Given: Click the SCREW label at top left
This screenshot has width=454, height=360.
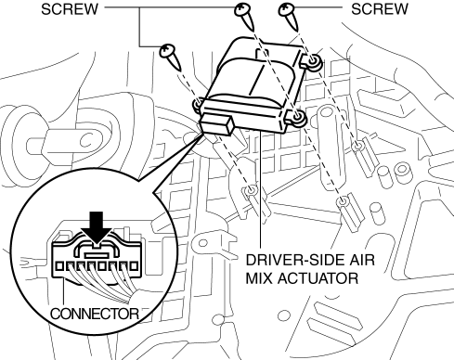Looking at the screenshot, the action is click(70, 9).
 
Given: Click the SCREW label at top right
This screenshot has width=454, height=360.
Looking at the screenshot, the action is click(380, 9).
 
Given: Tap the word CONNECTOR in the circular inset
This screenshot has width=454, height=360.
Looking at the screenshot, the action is click(95, 314).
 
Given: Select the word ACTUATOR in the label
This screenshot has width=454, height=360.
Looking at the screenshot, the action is click(318, 278).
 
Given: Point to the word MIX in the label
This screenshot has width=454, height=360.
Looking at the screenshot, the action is click(259, 278).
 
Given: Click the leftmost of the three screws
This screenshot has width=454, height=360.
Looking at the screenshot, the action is click(171, 57).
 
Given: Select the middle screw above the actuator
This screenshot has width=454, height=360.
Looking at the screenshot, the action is click(245, 16).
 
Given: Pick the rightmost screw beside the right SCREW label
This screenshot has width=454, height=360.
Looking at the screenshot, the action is click(289, 16).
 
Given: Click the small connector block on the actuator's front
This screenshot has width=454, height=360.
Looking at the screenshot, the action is click(217, 123).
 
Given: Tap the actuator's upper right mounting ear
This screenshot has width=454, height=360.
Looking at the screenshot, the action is click(312, 61).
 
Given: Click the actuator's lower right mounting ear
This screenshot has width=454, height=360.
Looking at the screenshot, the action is click(295, 118).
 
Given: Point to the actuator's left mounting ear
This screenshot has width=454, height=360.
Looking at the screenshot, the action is click(198, 105).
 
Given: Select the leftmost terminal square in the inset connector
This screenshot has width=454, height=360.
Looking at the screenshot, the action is click(59, 266).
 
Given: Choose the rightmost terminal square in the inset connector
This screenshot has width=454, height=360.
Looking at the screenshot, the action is click(134, 266).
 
